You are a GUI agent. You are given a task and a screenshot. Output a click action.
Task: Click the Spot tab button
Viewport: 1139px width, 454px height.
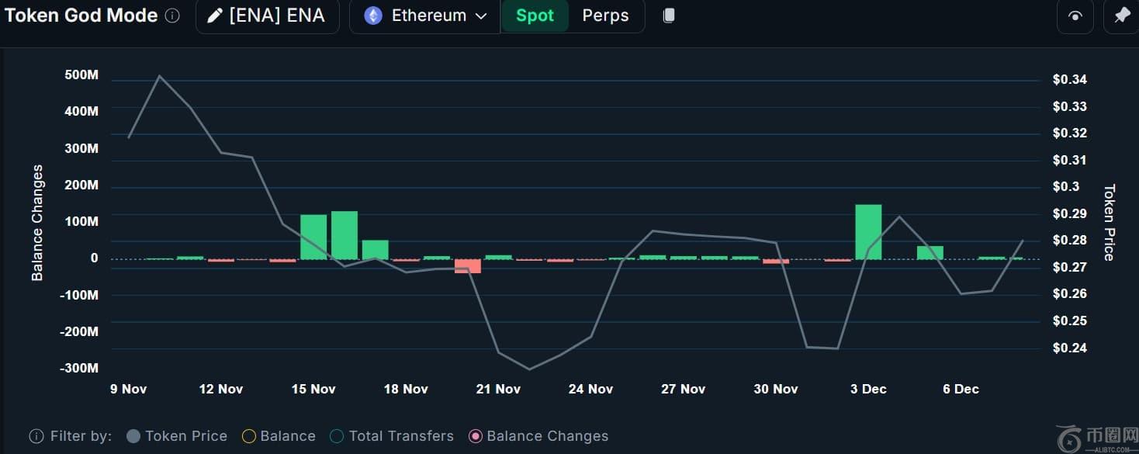535,16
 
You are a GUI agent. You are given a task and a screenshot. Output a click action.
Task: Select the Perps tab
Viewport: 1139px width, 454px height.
605,16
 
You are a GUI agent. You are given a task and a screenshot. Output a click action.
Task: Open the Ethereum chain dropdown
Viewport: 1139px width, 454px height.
426,16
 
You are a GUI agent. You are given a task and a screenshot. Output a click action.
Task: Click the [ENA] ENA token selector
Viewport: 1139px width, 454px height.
268,16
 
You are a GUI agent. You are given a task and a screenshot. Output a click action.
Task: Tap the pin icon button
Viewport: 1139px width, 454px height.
1121,16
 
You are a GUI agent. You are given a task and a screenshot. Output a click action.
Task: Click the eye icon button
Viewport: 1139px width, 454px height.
1075,16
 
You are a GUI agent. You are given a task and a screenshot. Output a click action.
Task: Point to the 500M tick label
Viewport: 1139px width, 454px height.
81,75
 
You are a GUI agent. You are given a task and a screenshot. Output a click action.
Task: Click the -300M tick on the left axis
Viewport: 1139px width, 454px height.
79,368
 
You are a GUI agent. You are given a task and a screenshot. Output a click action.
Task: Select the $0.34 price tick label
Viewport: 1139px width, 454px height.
1069,79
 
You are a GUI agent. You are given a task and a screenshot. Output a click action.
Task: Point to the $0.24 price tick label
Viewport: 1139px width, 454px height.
1069,348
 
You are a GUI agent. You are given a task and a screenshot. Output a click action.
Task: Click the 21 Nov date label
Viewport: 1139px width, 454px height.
498,389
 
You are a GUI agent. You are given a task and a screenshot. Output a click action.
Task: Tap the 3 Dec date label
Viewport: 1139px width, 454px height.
868,389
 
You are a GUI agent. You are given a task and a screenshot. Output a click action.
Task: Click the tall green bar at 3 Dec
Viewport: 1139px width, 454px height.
868,231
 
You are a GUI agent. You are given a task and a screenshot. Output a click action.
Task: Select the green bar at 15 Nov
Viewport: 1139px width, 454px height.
313,237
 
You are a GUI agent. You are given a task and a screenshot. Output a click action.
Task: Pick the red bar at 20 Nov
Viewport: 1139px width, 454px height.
468,265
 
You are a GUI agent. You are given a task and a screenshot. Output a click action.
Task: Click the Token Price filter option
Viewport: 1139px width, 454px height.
177,436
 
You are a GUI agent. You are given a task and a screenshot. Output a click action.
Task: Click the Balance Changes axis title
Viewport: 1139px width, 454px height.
37,223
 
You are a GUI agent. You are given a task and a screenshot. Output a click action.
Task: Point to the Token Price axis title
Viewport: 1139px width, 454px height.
1109,223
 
